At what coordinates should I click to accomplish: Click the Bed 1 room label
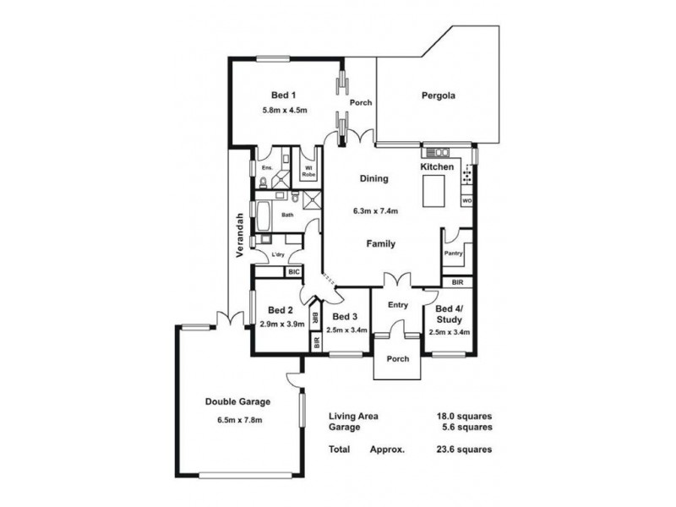coord(283,95)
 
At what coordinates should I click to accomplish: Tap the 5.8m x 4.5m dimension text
coord(283,111)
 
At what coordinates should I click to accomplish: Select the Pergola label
coord(439,95)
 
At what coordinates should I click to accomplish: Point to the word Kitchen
coord(438,168)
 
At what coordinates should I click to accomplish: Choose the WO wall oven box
coord(466,202)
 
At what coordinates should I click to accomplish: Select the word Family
coord(380,243)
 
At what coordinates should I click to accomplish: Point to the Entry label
coord(397,305)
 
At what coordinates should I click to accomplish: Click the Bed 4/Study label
coord(448,314)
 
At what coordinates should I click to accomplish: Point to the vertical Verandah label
coord(240,234)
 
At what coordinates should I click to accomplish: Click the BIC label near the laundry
coord(293,272)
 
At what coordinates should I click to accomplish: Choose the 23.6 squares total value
coord(465,450)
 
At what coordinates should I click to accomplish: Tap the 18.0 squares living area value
coord(465,417)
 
